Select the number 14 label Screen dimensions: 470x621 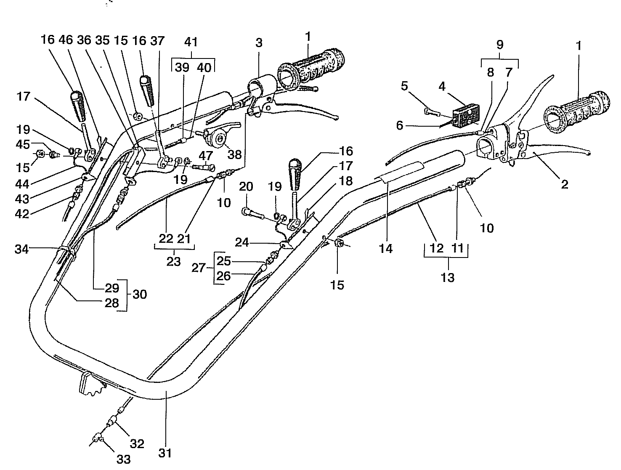(x=385, y=248)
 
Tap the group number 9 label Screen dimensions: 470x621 (x=499, y=45)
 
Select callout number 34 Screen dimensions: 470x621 (x=22, y=250)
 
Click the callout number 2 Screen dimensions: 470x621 (x=564, y=184)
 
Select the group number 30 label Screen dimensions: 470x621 (x=140, y=294)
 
